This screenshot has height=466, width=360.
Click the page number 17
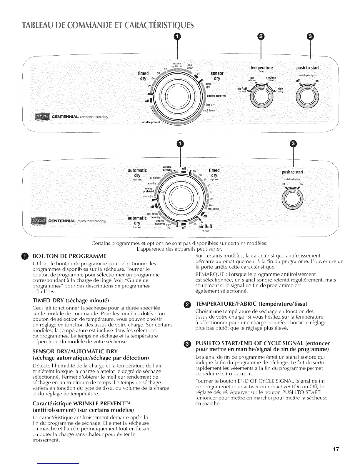336,450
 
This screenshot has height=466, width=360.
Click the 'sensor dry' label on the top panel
217,76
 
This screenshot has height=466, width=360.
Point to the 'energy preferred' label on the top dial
218,96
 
